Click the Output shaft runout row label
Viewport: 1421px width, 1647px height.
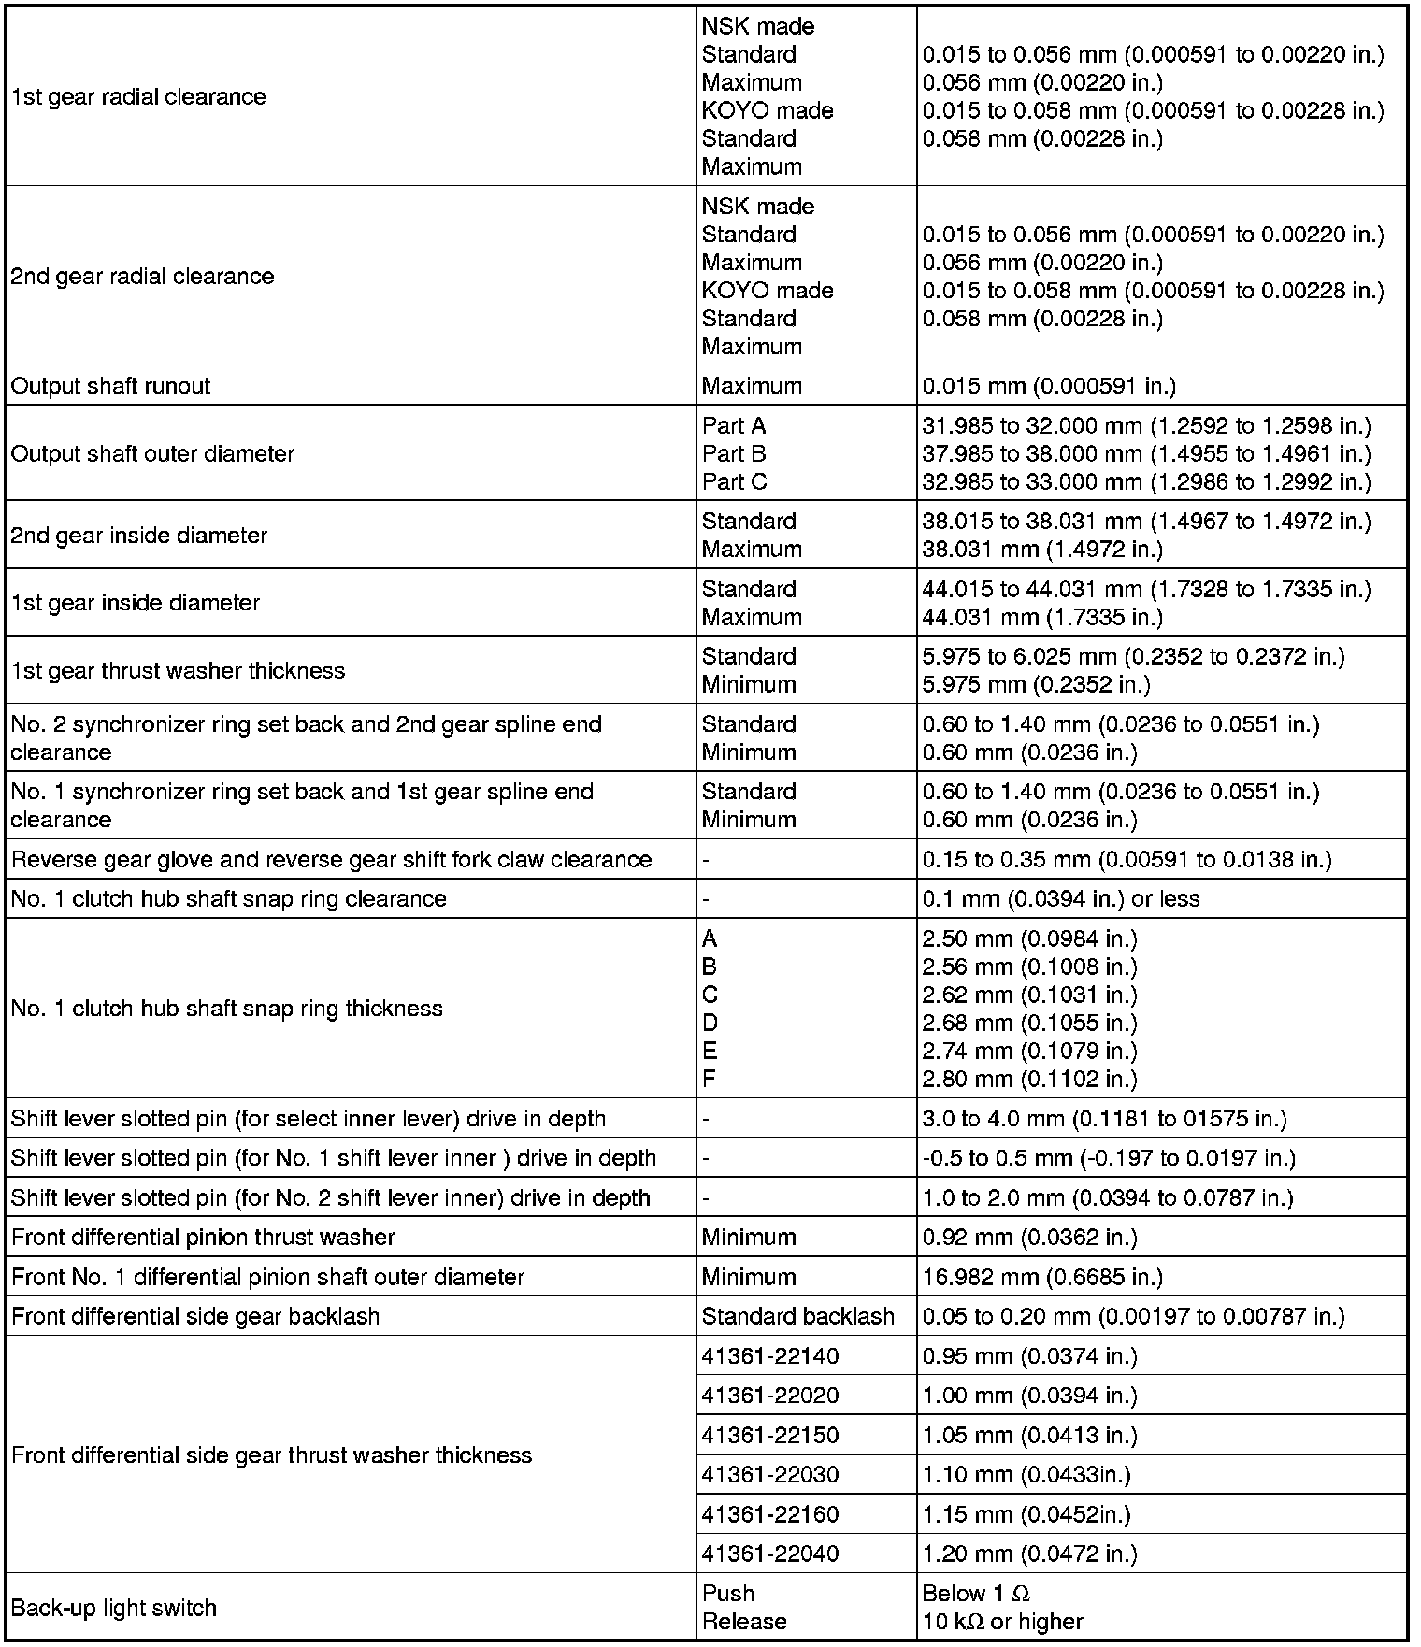point(111,386)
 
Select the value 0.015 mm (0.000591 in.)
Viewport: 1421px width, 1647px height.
point(1049,386)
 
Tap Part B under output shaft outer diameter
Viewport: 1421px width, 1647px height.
point(734,453)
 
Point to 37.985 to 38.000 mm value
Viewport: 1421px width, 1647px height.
point(1146,453)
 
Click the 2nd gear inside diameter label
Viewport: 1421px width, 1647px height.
point(139,535)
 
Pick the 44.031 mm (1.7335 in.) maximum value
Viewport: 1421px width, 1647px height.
point(1042,617)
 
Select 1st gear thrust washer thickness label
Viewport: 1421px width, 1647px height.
point(178,670)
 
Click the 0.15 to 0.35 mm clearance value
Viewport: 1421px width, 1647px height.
point(1127,859)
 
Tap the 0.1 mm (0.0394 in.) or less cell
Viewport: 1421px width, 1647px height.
point(1061,898)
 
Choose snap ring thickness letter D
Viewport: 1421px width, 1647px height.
point(710,1023)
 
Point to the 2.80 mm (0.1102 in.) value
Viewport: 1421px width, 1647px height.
point(1029,1079)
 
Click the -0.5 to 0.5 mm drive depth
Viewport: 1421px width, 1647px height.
point(1109,1158)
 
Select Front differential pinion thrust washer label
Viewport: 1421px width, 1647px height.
point(203,1237)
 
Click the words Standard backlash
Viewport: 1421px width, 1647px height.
point(797,1316)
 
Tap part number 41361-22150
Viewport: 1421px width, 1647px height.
point(770,1435)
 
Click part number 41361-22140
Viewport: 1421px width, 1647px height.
point(770,1355)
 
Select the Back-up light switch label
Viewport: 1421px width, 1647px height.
point(114,1608)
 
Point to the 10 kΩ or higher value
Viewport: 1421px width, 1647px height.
point(1002,1622)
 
